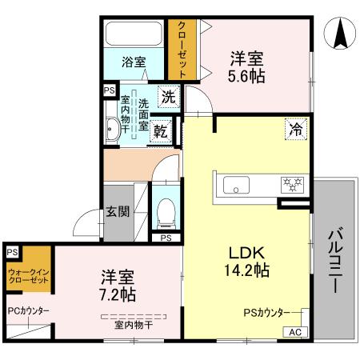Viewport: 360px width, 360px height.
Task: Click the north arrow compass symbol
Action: (338, 33)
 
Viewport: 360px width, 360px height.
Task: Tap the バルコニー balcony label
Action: (335, 261)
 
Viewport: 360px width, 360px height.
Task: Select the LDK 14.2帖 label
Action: (246, 258)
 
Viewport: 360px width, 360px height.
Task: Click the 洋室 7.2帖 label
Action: (118, 286)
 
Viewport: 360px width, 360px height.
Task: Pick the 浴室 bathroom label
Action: (134, 61)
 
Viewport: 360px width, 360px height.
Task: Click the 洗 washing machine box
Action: (167, 98)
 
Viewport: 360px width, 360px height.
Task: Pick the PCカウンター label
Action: (27, 311)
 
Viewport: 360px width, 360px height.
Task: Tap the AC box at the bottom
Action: (294, 332)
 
